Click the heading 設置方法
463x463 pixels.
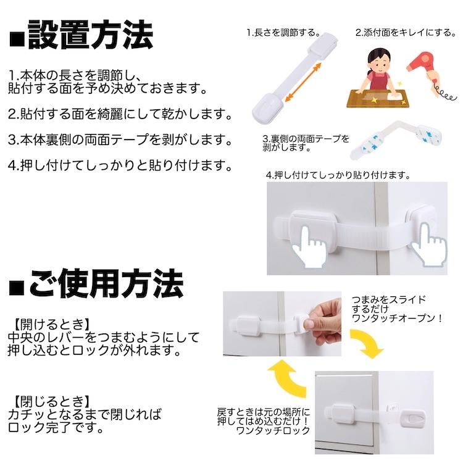click(x=91, y=35)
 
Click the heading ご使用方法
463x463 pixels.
click(x=106, y=284)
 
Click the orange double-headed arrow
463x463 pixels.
click(x=303, y=83)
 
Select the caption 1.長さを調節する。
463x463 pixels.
click(x=284, y=33)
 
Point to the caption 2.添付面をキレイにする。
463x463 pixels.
click(x=406, y=33)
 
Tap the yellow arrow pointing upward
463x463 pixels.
click(x=286, y=378)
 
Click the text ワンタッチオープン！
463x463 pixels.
click(x=398, y=319)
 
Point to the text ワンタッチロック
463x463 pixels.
click(x=273, y=430)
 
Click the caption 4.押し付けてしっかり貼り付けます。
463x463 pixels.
click(x=338, y=175)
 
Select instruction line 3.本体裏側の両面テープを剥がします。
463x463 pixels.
click(x=120, y=140)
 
